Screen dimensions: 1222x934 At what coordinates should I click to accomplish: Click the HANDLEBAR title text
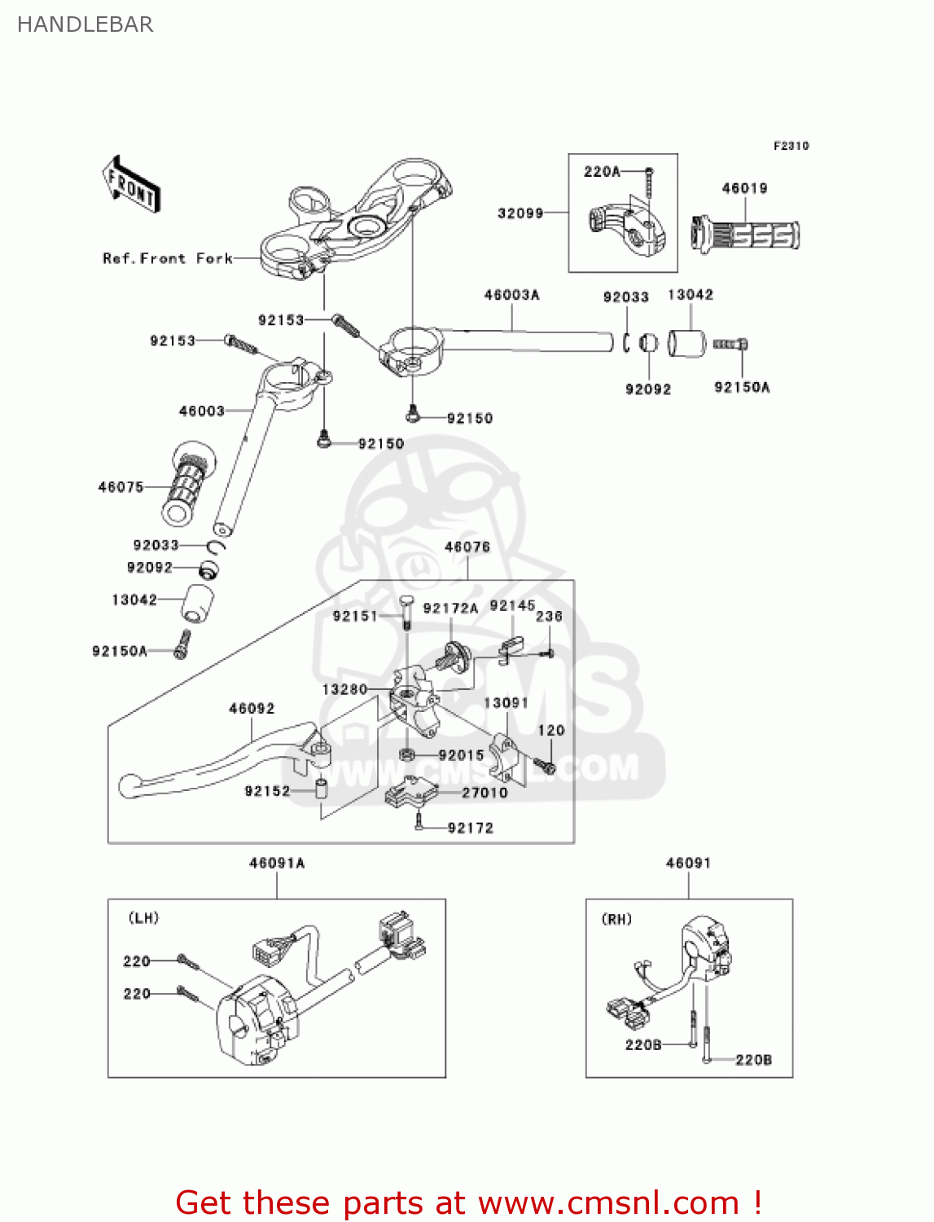85,24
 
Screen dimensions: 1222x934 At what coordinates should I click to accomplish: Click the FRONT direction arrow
130,185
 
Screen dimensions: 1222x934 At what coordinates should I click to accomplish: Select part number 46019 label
744,188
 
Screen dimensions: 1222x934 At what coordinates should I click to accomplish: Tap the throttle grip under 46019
746,235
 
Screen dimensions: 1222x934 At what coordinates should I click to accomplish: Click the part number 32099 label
520,213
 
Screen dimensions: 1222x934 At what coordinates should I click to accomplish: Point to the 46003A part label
511,295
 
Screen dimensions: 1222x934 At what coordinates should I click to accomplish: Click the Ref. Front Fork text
168,258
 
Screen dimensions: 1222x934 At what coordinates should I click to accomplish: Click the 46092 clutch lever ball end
129,785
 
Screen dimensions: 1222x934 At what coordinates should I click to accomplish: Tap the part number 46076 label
467,547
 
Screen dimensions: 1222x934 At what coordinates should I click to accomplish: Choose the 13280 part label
344,689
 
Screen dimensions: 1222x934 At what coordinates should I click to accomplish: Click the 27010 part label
485,793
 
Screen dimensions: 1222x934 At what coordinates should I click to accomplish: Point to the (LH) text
144,918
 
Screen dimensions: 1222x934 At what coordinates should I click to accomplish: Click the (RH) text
616,919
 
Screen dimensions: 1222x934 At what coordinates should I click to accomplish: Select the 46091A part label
277,863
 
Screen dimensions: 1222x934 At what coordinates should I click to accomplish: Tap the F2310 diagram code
791,146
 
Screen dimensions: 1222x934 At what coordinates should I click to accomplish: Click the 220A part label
602,172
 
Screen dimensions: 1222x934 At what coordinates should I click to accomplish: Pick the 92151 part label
355,616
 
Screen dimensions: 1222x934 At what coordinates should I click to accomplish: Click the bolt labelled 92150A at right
730,345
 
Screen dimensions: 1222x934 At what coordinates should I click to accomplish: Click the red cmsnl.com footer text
468,1202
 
